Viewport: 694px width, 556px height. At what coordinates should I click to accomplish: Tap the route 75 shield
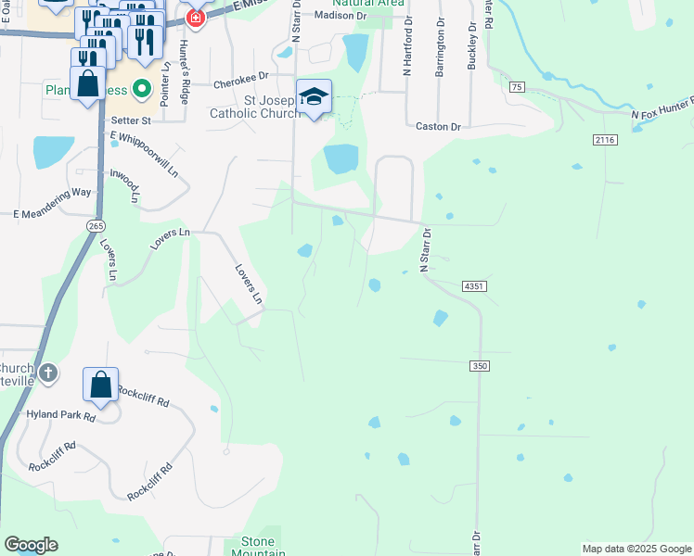[x=517, y=86]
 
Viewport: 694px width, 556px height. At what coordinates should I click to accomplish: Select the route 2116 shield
[x=605, y=139]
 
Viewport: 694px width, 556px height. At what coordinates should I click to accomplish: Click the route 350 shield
[x=479, y=366]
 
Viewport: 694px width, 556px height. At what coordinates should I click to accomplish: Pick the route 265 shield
[x=96, y=225]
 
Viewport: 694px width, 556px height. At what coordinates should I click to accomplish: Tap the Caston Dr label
[x=438, y=126]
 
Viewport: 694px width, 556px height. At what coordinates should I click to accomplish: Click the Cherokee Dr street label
[x=240, y=83]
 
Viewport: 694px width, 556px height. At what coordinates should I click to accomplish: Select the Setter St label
[x=131, y=120]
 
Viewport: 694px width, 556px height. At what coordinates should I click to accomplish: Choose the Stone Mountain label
[x=258, y=547]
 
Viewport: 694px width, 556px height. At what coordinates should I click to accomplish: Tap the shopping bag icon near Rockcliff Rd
[x=100, y=385]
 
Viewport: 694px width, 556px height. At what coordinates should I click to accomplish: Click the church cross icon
[x=48, y=373]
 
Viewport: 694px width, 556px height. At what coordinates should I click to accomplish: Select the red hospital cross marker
[x=195, y=18]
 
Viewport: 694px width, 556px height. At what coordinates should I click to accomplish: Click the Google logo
[x=31, y=545]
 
